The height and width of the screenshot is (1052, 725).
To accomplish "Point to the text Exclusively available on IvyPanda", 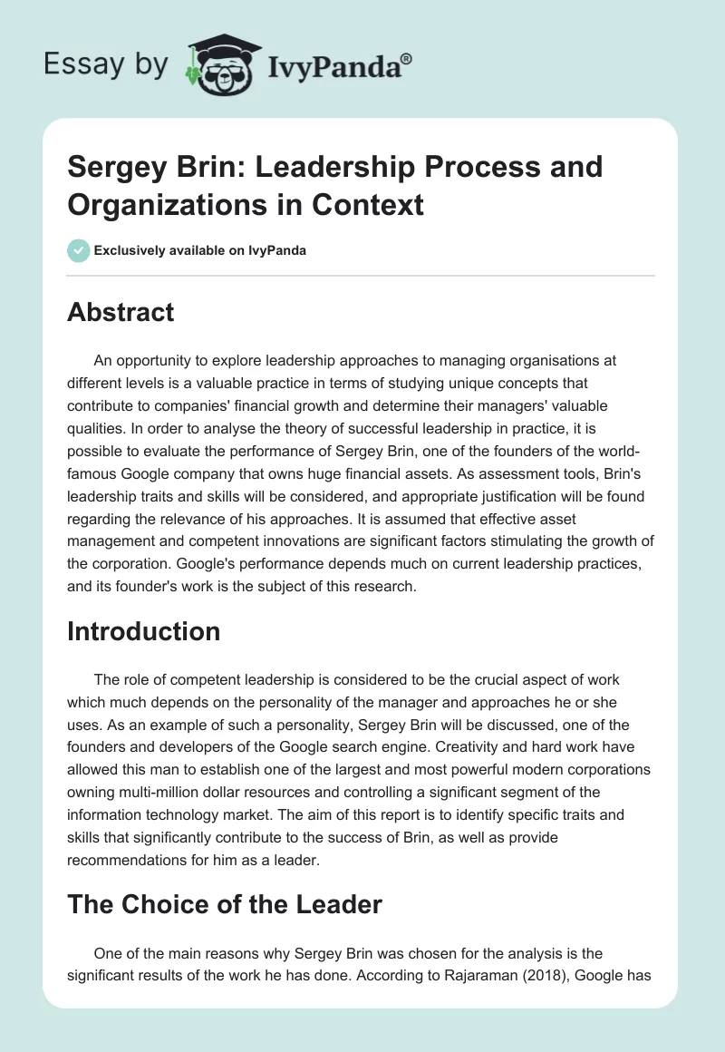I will click(x=199, y=250).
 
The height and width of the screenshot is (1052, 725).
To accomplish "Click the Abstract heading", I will click(x=121, y=312).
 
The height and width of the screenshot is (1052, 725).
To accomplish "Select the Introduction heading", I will click(x=144, y=631).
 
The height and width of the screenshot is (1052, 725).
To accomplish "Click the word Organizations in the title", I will click(x=157, y=204).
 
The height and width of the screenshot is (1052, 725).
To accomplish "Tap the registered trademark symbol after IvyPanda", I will click(x=406, y=59).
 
